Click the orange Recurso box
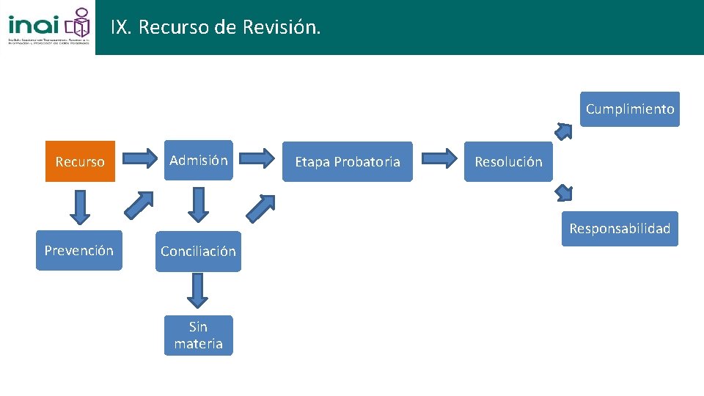[x=80, y=161]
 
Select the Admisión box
[x=198, y=161]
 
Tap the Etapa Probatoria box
[x=348, y=161]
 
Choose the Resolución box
[x=508, y=161]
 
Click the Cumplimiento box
[x=630, y=109]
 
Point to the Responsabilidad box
[x=620, y=229]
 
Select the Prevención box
[x=79, y=251]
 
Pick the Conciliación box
[x=198, y=252]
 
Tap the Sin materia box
[x=198, y=335]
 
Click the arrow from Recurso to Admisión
[x=140, y=158]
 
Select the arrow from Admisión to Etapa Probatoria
[x=257, y=158]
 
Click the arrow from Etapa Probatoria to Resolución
[x=440, y=158]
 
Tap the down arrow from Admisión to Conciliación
[x=197, y=205]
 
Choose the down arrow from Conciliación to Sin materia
[x=197, y=290]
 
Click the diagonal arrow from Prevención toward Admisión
[x=139, y=205]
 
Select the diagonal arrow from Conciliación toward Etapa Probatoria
[x=260, y=208]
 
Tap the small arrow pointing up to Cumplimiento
[x=563, y=131]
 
